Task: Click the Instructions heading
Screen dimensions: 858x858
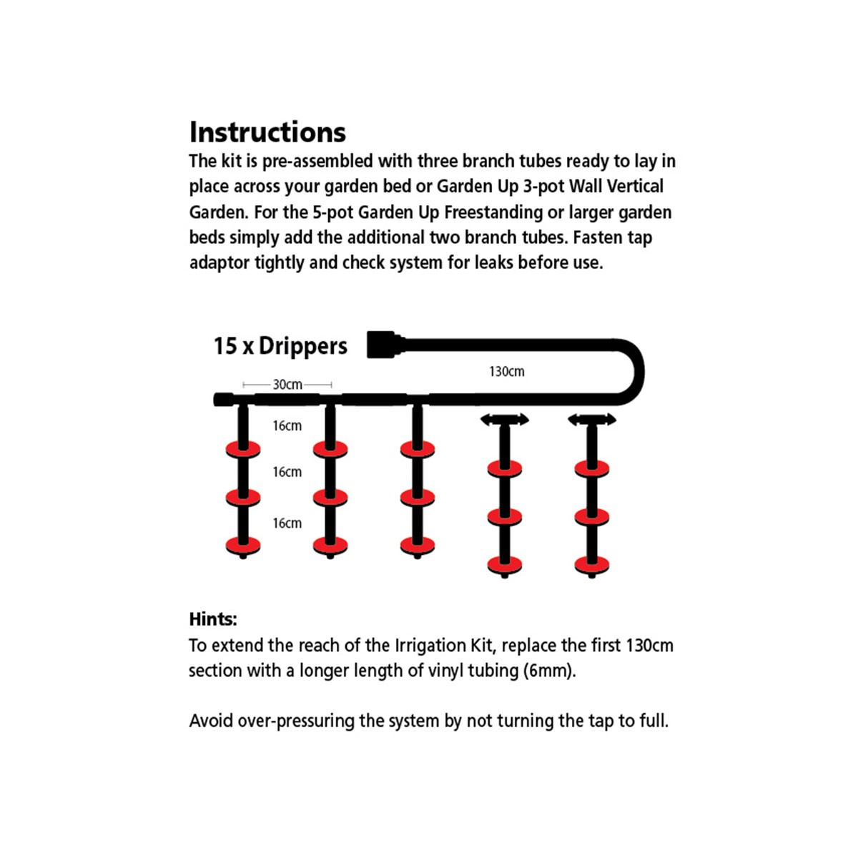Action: pyautogui.click(x=267, y=132)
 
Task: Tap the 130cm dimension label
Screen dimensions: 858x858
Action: pyautogui.click(x=507, y=371)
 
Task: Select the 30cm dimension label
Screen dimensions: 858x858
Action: pyautogui.click(x=287, y=384)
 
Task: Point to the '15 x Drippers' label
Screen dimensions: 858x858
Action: pyautogui.click(x=280, y=346)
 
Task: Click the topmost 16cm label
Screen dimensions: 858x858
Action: pyautogui.click(x=287, y=425)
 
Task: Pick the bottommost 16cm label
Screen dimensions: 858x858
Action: pyautogui.click(x=287, y=523)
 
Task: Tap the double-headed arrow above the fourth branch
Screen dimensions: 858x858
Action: pyautogui.click(x=505, y=420)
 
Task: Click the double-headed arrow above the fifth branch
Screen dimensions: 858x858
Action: pyautogui.click(x=592, y=420)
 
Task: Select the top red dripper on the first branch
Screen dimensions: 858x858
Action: pyautogui.click(x=243, y=449)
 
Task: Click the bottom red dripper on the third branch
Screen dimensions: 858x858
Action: pyautogui.click(x=417, y=546)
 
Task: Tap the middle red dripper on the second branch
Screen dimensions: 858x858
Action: pyautogui.click(x=330, y=498)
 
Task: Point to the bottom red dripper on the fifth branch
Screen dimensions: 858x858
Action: pyautogui.click(x=592, y=565)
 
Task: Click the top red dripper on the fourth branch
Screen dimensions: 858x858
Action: pyautogui.click(x=505, y=468)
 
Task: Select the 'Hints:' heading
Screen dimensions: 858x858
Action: pyautogui.click(x=213, y=619)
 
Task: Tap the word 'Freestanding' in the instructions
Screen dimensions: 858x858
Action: pyautogui.click(x=493, y=213)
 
